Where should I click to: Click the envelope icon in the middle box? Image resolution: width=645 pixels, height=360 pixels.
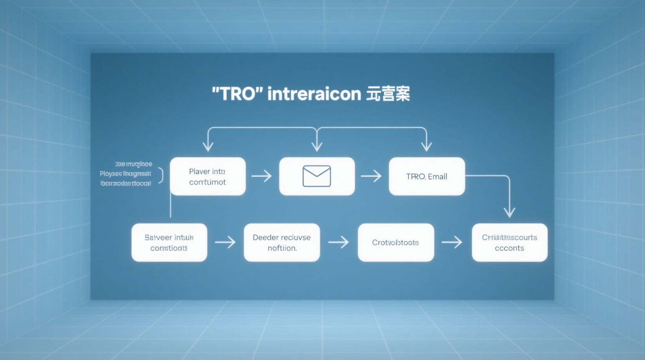(x=317, y=176)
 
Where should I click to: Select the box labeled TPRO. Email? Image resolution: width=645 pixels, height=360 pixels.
(x=427, y=176)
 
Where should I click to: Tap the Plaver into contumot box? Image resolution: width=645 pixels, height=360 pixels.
(x=208, y=176)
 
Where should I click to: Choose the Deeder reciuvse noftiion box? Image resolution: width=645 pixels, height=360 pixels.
(x=282, y=242)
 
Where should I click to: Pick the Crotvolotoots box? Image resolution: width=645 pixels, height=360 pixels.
(x=396, y=242)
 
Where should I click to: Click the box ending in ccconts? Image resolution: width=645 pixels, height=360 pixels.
(x=509, y=242)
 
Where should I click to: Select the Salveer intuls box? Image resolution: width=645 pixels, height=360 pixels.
(x=169, y=242)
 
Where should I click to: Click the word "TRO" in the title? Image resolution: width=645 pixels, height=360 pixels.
(x=237, y=94)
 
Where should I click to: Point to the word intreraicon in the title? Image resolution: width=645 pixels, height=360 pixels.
(x=314, y=94)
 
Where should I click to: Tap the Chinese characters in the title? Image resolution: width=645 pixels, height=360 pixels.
(x=388, y=94)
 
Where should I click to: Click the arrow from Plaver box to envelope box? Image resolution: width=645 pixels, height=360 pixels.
(x=262, y=176)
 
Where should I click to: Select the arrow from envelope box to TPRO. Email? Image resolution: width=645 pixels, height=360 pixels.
(x=371, y=176)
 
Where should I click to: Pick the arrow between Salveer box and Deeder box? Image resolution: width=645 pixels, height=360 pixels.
(x=225, y=242)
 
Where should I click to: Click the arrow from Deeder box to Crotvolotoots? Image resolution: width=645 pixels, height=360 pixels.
(x=339, y=242)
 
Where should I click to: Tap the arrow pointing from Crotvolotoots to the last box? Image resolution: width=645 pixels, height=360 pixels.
(x=452, y=242)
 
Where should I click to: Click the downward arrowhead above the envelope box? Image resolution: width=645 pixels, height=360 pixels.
(x=317, y=147)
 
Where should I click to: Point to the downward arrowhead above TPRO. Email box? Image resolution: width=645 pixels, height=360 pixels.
(x=426, y=147)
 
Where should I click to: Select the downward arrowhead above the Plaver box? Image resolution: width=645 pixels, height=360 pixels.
(x=208, y=147)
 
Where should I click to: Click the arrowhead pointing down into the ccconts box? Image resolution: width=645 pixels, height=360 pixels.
(x=509, y=213)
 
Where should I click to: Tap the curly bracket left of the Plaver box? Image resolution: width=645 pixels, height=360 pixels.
(x=161, y=176)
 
